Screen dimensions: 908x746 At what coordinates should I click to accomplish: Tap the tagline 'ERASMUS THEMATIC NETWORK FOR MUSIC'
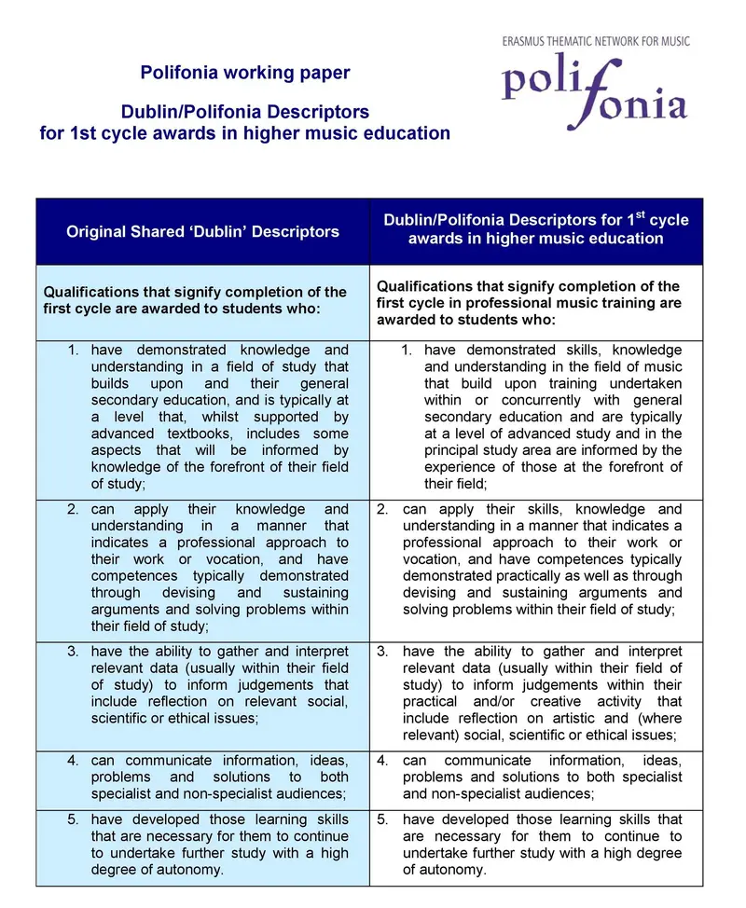(x=596, y=42)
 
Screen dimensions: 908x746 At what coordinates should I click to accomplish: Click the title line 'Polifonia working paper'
(x=245, y=72)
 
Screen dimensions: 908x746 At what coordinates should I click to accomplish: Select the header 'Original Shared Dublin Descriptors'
(x=202, y=231)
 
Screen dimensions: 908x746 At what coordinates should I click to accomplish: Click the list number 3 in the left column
(x=73, y=651)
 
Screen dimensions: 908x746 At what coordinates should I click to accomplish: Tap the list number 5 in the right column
(x=382, y=819)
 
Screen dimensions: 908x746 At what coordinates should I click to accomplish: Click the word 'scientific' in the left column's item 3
(x=125, y=718)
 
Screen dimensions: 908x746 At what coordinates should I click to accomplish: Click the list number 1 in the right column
(x=407, y=350)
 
